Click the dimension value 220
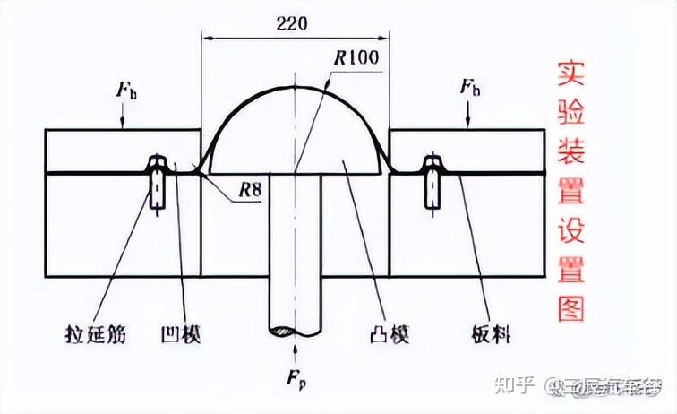coord(292,24)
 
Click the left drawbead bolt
coord(157,184)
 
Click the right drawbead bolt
coord(433,184)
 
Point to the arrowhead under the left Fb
coord(123,125)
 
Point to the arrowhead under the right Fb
coord(468,125)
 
